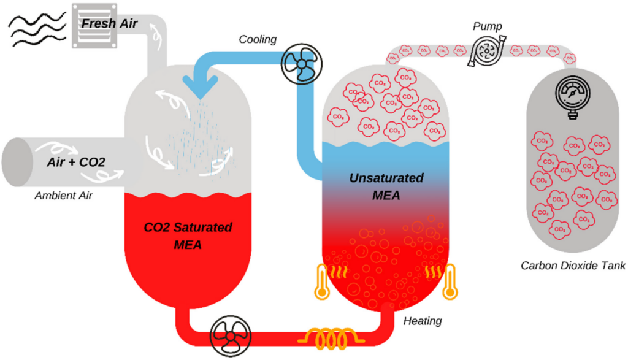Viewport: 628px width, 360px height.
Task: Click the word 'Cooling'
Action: pyautogui.click(x=258, y=40)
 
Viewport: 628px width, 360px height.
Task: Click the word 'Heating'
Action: pyautogui.click(x=423, y=321)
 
